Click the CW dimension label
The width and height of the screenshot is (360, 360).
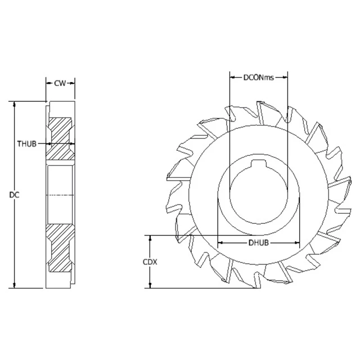[x=60, y=83]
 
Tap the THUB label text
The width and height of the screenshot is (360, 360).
[x=26, y=144]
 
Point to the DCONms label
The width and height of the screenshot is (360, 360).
[x=258, y=77]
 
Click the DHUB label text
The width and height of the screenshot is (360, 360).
[x=258, y=243]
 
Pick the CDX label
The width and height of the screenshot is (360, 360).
[x=150, y=262]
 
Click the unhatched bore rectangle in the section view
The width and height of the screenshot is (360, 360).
[x=60, y=194]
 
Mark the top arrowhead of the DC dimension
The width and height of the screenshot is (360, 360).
[x=15, y=104]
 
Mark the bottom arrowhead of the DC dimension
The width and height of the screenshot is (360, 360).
[x=15, y=285]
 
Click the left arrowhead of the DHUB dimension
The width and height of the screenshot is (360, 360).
[x=220, y=243]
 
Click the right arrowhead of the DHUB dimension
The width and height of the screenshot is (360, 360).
[x=298, y=243]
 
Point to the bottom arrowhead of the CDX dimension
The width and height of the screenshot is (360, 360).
[x=150, y=286]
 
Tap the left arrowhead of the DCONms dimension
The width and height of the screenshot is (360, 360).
[x=232, y=77]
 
